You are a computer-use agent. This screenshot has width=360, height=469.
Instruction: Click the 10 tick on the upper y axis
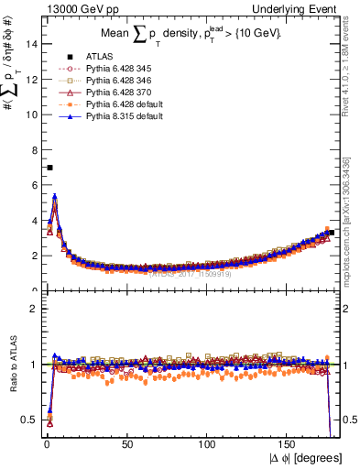coord(32,115)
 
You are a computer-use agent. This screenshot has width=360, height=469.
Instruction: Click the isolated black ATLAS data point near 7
coord(49,168)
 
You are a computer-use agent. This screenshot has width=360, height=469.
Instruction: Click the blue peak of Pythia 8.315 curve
coord(55,196)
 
